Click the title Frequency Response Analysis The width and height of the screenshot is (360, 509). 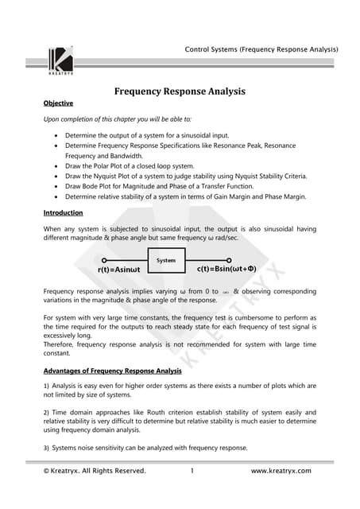pyautogui.click(x=179, y=91)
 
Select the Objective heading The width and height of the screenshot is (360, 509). pyautogui.click(x=59, y=103)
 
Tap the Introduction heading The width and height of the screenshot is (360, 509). pyautogui.click(x=64, y=214)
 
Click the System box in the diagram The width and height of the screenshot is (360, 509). pyautogui.click(x=166, y=260)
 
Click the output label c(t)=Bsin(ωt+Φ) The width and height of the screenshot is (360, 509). pyautogui.click(x=226, y=270)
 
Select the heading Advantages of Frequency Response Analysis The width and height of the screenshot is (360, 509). pyautogui.click(x=112, y=371)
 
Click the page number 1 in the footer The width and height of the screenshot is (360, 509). pyautogui.click(x=192, y=471)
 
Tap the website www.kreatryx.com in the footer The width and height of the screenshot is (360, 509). pyautogui.click(x=281, y=471)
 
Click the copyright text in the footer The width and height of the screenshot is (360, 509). pyautogui.click(x=95, y=471)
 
